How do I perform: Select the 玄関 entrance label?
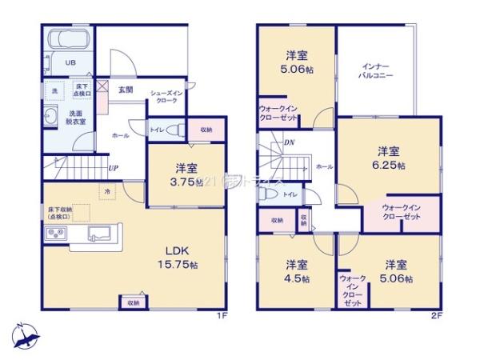coord(126,90)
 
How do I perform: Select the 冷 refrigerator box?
coord(107,191)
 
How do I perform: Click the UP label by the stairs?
coord(114,169)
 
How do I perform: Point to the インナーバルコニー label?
coord(375,71)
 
